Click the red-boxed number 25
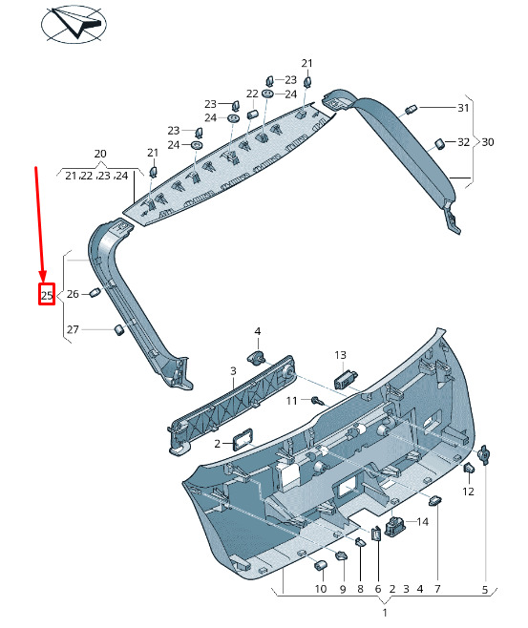(x=47, y=295)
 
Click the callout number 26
(x=73, y=294)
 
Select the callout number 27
(x=73, y=329)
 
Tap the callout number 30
(x=488, y=142)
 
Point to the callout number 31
(x=463, y=108)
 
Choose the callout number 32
(x=463, y=142)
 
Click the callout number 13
(x=340, y=355)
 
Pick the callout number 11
(x=291, y=401)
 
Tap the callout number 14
(x=423, y=522)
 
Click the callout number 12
(x=468, y=491)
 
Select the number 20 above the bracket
(x=100, y=154)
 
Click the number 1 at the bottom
(x=385, y=613)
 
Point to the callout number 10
(x=321, y=589)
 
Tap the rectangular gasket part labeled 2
(x=243, y=440)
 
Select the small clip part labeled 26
(x=95, y=292)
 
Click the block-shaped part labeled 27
(x=119, y=330)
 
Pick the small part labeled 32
(x=439, y=143)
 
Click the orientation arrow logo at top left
(x=74, y=24)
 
